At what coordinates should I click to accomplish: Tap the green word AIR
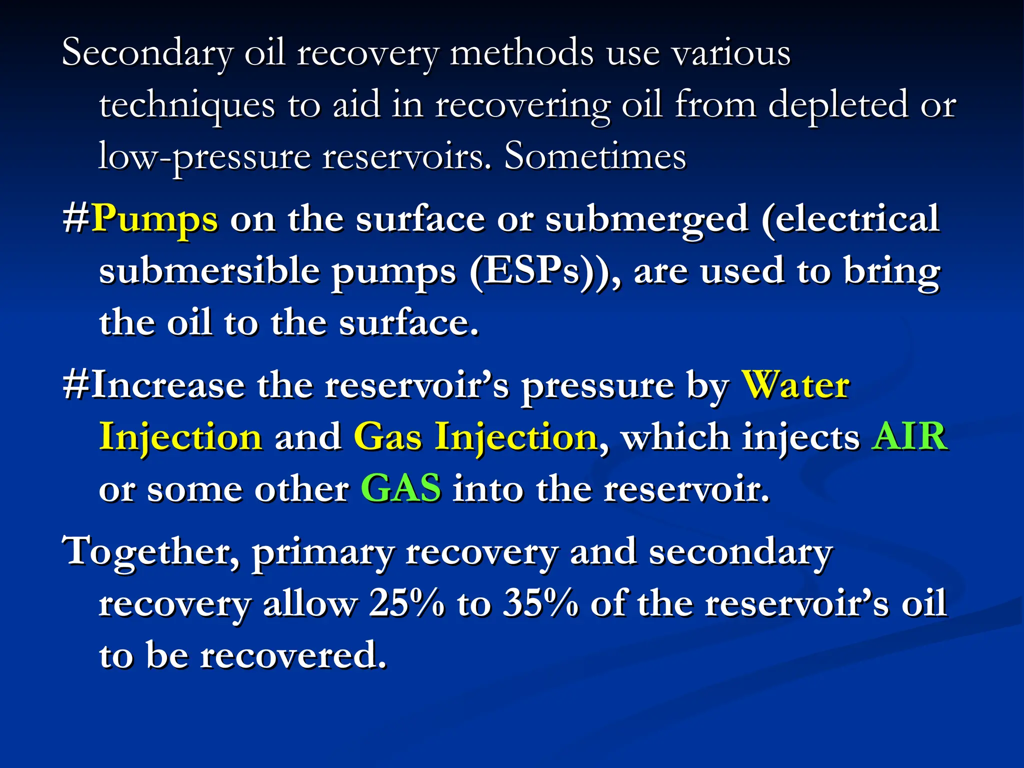coord(909,436)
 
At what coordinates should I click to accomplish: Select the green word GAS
coord(401,488)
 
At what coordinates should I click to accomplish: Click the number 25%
coord(406,603)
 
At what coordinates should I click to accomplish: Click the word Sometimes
coord(595,156)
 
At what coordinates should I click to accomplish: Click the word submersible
coord(209,271)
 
